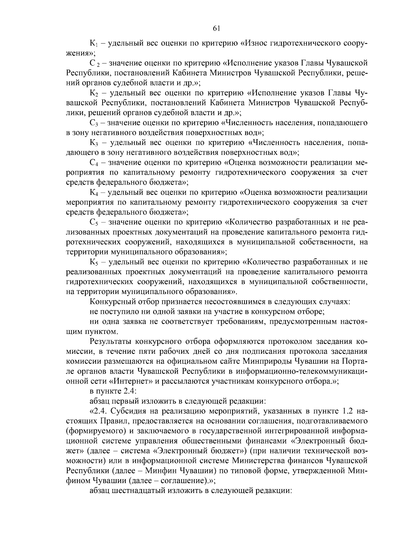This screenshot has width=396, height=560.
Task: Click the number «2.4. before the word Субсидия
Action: point(99,411)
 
